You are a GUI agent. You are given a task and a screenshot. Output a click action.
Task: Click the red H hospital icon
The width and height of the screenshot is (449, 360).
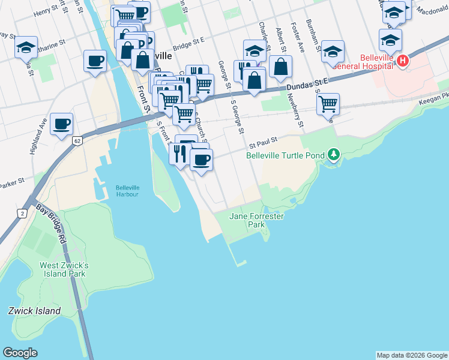tap(403, 61)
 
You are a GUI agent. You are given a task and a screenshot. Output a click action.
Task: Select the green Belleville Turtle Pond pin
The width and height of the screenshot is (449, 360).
tap(334, 155)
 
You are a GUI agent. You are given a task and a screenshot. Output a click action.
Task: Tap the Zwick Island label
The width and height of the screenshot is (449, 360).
tap(34, 311)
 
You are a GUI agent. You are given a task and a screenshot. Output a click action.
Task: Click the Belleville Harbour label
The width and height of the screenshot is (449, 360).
tap(127, 191)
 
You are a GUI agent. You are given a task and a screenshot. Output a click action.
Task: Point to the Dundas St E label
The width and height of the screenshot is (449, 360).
tap(308, 84)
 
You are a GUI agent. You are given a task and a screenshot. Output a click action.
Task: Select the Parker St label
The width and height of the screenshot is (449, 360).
tap(12, 181)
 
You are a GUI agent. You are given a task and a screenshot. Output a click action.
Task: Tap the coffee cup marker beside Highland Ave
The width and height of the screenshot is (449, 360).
tap(61, 124)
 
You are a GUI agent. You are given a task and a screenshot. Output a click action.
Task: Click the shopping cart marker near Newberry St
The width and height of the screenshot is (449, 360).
tap(328, 104)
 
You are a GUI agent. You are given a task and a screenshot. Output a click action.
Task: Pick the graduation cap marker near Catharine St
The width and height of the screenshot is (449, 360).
tap(26, 47)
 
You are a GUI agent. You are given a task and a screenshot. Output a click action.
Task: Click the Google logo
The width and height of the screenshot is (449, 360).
tap(20, 352)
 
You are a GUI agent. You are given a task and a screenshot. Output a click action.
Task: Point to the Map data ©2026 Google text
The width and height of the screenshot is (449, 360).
tap(411, 355)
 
